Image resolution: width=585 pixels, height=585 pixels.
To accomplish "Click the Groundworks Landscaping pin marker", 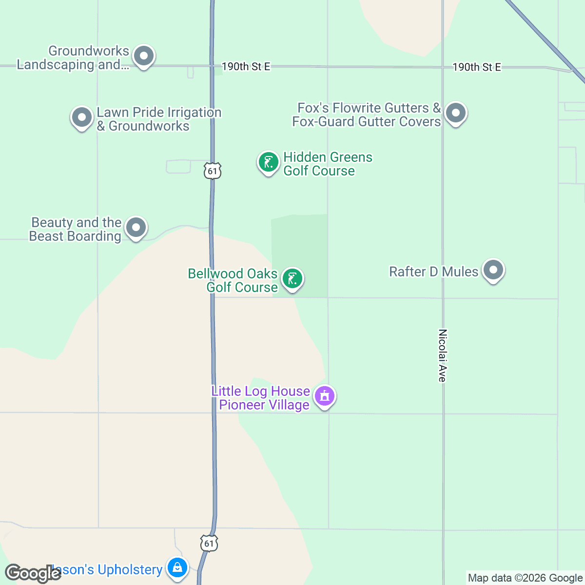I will tap(143, 56).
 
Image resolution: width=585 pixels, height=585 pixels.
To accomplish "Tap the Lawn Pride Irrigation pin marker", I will tap(81, 117).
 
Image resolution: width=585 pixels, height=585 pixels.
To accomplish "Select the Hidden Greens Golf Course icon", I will tap(268, 162).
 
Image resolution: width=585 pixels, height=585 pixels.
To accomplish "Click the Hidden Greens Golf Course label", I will tap(328, 164).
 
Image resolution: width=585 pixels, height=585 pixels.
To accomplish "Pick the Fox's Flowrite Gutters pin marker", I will tap(456, 113).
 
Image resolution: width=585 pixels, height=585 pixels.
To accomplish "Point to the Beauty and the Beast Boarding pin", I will tap(136, 227).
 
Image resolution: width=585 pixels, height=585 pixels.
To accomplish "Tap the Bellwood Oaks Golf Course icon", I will tap(292, 279).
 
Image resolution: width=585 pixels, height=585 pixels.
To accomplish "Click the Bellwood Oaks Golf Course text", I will tap(233, 280).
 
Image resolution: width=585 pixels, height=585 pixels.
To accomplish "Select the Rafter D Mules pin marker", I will tap(493, 270).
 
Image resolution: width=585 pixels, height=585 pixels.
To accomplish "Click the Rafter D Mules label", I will tap(433, 272).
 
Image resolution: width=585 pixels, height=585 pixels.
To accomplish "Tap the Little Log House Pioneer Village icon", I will tap(324, 396).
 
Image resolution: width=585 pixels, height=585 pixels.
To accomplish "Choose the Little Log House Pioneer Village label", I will tap(261, 398).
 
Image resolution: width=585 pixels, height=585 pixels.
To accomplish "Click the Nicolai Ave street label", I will tap(443, 355).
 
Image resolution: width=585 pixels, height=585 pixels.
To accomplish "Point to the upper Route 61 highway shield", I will tap(213, 171).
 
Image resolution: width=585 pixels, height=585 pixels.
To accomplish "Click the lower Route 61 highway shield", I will tap(209, 543).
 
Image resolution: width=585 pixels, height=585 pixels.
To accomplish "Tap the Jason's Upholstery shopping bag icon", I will tap(177, 567).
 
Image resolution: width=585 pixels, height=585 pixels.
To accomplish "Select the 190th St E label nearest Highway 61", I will tap(246, 67).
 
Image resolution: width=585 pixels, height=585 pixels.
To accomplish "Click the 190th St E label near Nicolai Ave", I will tap(476, 67).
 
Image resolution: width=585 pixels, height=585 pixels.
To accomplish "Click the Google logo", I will tap(33, 573).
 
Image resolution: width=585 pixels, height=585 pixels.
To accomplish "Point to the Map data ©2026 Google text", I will tap(525, 578).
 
